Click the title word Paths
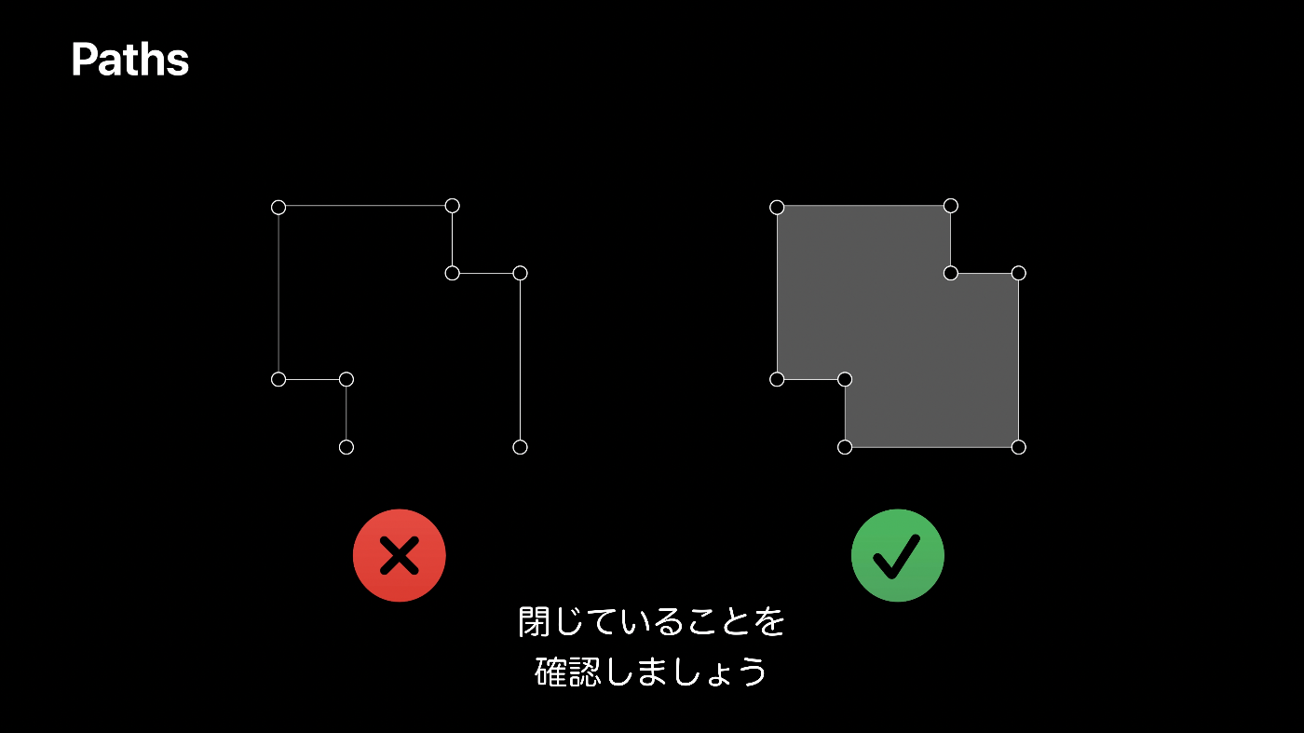tap(129, 61)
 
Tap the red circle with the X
tap(399, 555)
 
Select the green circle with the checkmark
tap(897, 555)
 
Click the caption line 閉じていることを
tap(651, 622)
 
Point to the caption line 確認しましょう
tap(651, 672)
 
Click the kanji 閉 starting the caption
tap(535, 622)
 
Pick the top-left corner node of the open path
tap(278, 207)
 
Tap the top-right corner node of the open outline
tap(452, 206)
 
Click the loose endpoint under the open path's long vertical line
tap(520, 447)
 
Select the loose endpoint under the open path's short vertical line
tap(346, 447)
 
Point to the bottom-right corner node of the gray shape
tap(1018, 447)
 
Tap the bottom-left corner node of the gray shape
tap(845, 447)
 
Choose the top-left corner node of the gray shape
tap(777, 207)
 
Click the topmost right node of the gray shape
tap(950, 206)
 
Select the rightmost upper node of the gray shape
tap(1018, 273)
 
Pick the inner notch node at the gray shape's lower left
tap(845, 379)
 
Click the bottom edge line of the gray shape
tap(931, 447)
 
